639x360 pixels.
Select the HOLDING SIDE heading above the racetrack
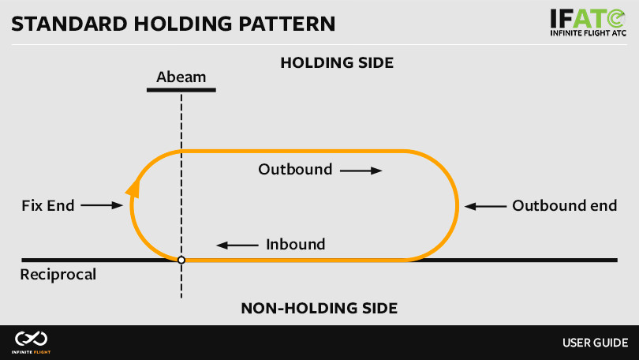tap(337, 62)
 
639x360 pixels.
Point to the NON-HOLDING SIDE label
tap(319, 308)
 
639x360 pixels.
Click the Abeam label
tap(181, 77)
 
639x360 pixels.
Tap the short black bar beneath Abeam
tap(181, 90)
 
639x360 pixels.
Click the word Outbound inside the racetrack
tap(296, 170)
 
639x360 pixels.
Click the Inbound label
tap(296, 245)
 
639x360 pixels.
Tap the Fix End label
tap(47, 206)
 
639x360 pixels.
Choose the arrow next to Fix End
tap(102, 206)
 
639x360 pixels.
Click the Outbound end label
tap(564, 206)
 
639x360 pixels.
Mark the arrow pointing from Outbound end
tap(484, 206)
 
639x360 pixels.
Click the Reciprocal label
tap(58, 276)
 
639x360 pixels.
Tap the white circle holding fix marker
tap(181, 260)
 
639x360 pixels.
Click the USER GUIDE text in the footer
tap(595, 343)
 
